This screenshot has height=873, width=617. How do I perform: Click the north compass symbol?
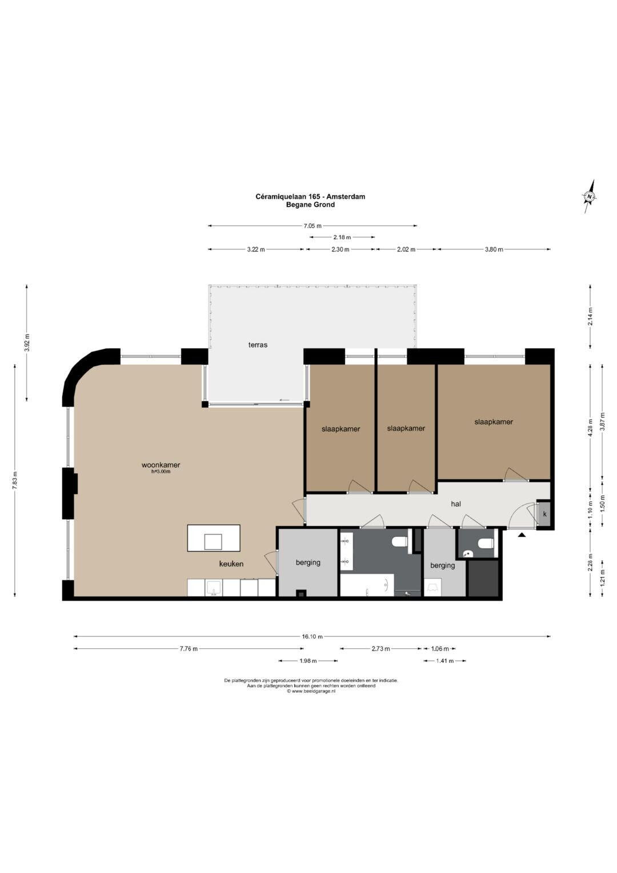(590, 197)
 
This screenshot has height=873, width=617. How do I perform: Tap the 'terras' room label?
(258, 345)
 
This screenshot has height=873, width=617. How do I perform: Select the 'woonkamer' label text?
(161, 465)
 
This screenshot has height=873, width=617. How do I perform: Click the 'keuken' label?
(231, 564)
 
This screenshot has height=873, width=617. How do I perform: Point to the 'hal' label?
(456, 504)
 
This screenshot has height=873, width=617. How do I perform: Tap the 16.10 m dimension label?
(312, 637)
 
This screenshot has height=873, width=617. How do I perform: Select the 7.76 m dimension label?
(189, 649)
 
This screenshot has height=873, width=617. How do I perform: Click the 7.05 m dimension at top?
(312, 226)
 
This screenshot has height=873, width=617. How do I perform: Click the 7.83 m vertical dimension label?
(15, 480)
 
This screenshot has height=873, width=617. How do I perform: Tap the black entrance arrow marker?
(522, 536)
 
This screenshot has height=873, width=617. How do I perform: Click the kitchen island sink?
(213, 542)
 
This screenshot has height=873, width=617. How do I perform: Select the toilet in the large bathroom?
(400, 541)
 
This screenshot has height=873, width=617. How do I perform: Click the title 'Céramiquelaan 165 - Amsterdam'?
(310, 197)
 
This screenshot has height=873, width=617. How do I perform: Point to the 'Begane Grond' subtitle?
(310, 205)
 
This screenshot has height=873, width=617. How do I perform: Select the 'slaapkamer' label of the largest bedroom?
(494, 422)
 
